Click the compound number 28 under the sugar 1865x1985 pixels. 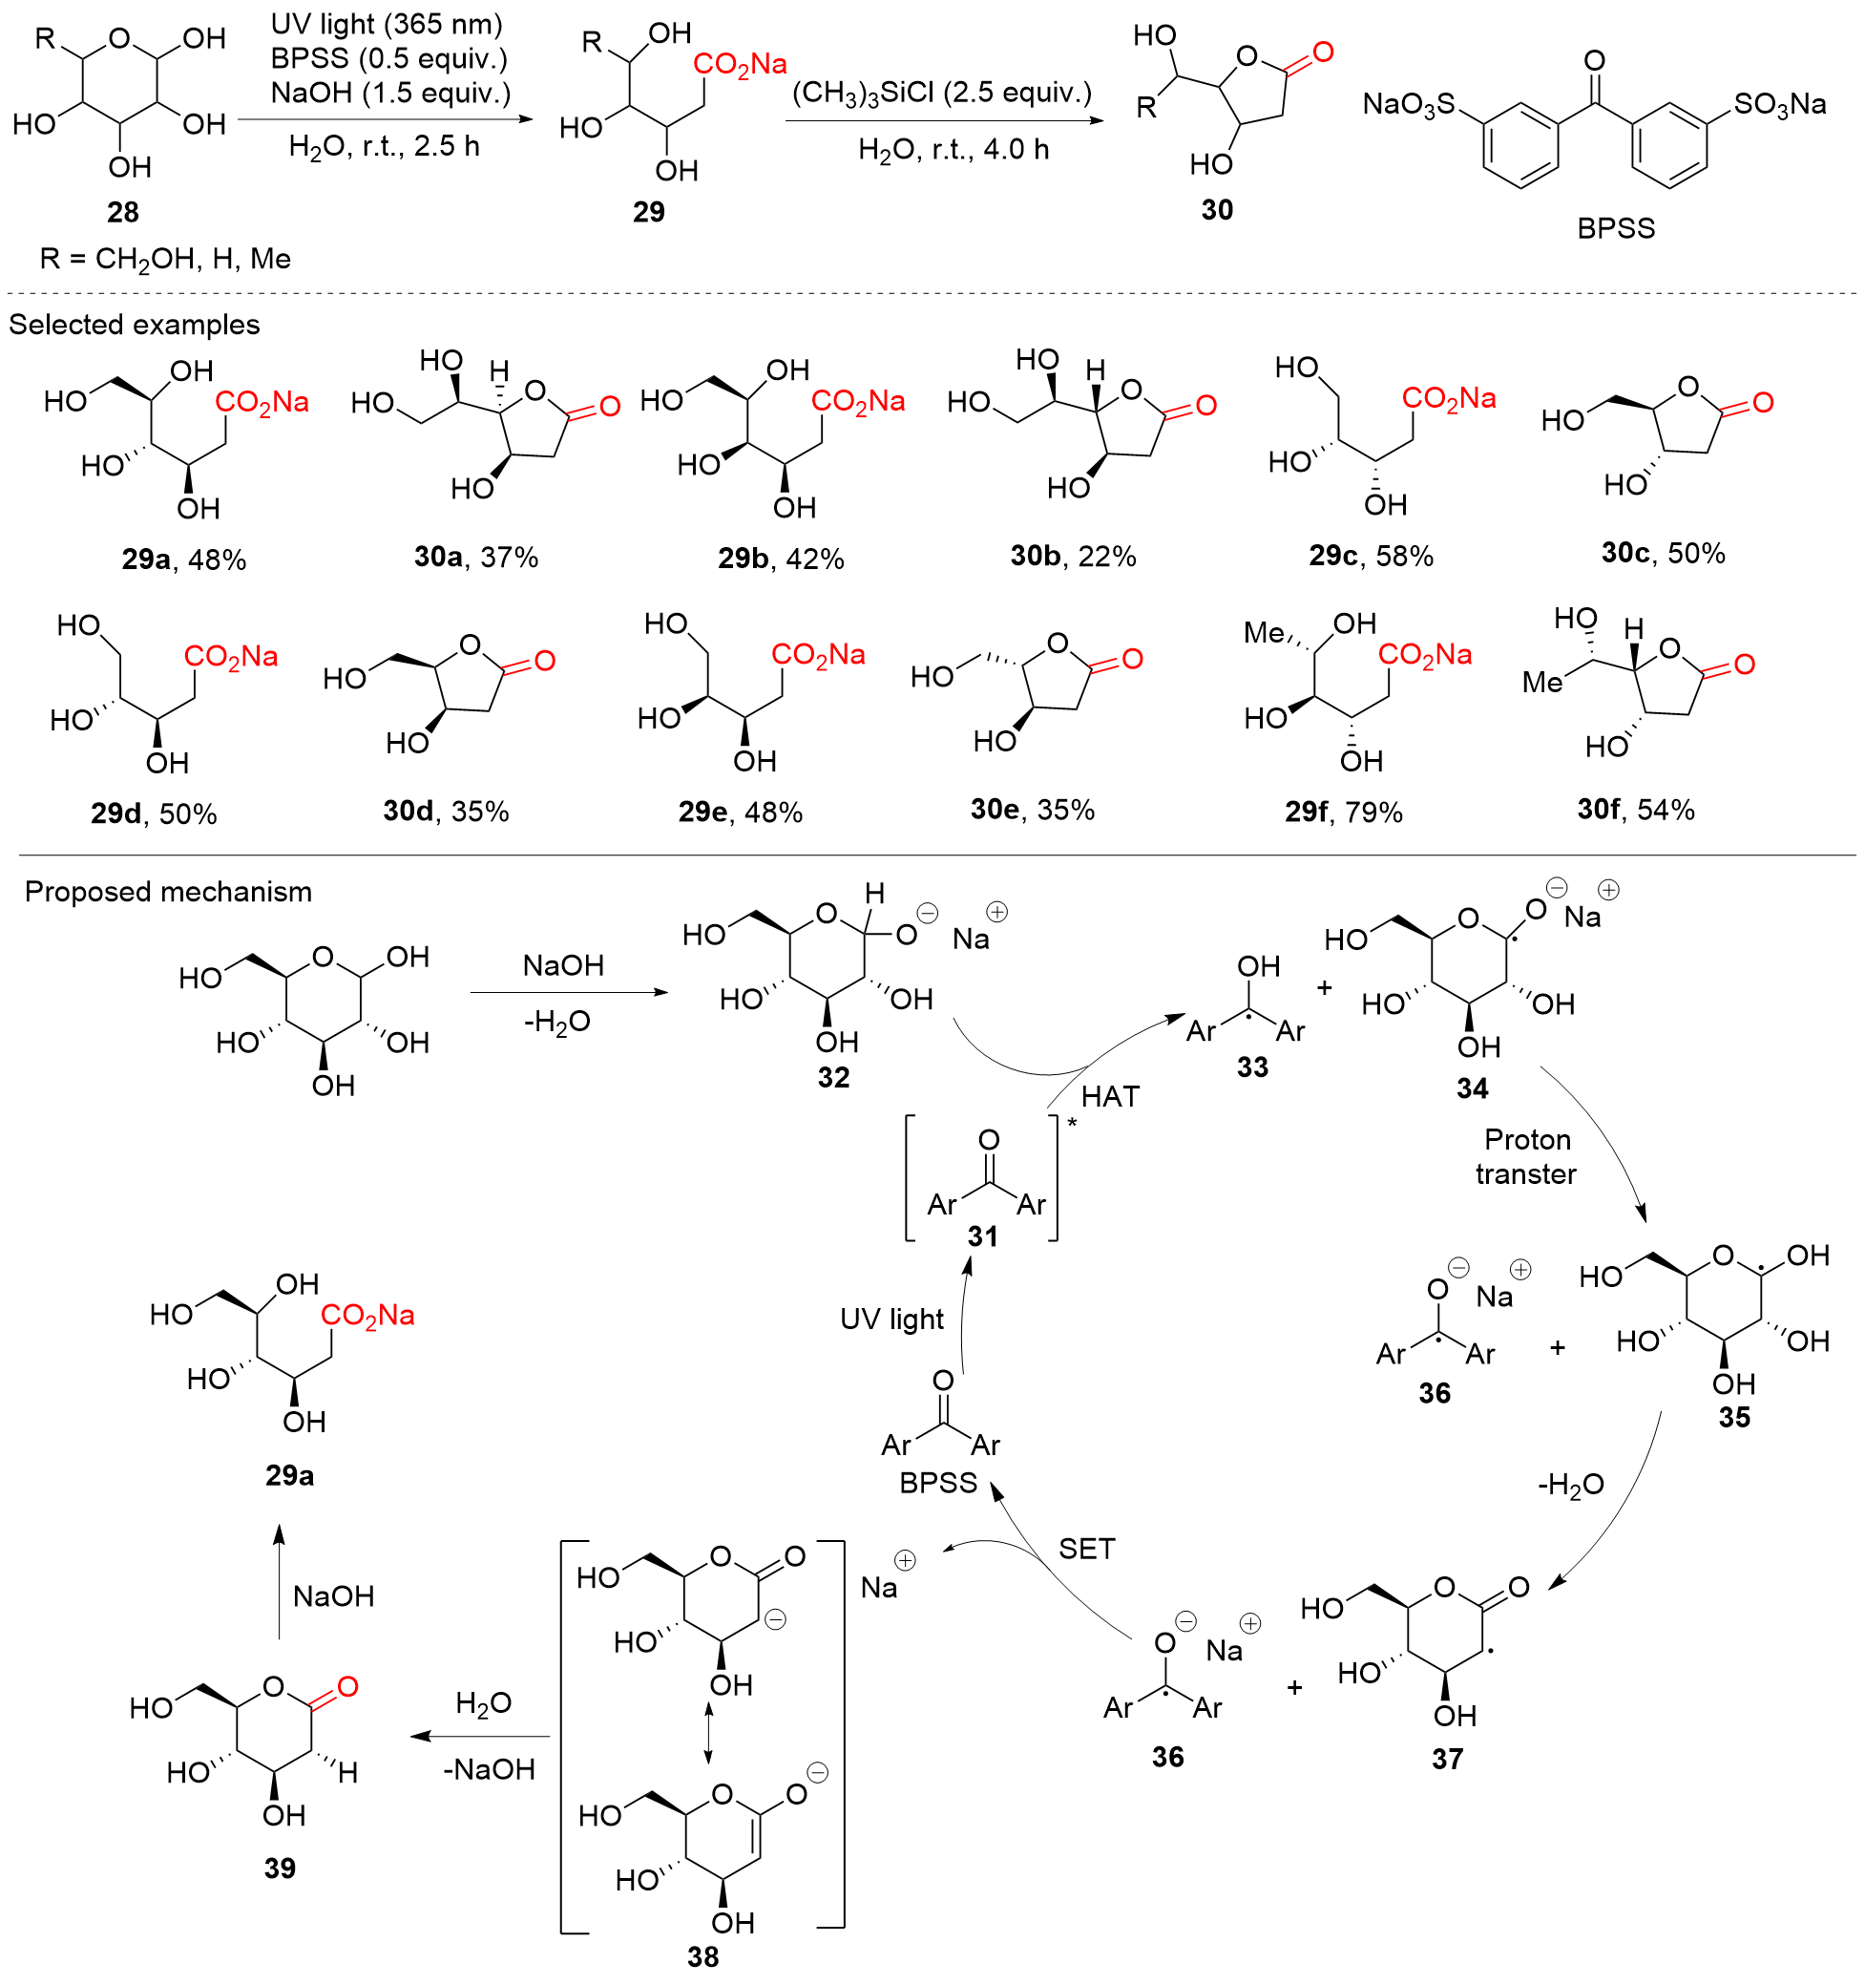coord(123,212)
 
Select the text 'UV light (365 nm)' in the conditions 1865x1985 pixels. coord(387,24)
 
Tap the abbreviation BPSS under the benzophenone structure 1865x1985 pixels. coord(1614,228)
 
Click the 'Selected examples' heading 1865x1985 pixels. coord(134,325)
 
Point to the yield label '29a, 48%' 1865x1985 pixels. coord(183,560)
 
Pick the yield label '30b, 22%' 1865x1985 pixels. coord(1072,556)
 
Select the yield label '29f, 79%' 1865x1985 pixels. coord(1343,813)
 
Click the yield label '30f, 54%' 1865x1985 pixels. coord(1635,810)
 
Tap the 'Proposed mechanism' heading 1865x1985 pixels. coord(168,892)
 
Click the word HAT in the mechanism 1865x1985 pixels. coord(1109,1096)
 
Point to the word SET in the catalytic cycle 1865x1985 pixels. coord(1085,1549)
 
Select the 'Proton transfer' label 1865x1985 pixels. coord(1525,1156)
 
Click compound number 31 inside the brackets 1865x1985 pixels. coord(982,1236)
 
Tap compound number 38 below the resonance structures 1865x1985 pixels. coord(702,1956)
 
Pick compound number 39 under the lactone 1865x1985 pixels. coord(280,1868)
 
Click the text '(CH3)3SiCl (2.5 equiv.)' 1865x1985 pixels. coord(941,93)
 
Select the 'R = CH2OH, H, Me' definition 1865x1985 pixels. coord(165,260)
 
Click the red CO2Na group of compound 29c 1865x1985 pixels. coord(1448,399)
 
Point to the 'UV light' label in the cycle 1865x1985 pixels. coord(891,1319)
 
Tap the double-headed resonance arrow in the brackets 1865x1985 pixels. coord(708,1732)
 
